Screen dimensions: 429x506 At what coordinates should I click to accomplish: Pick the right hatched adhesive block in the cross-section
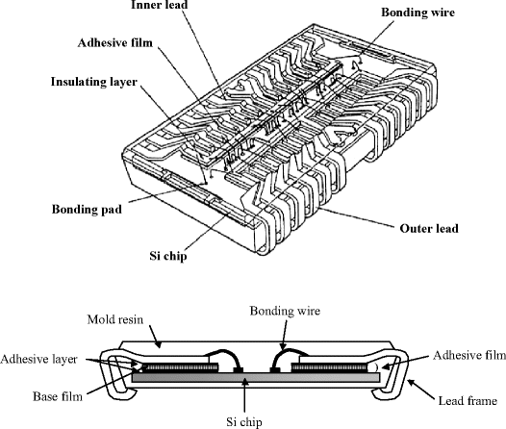coord(327,367)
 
